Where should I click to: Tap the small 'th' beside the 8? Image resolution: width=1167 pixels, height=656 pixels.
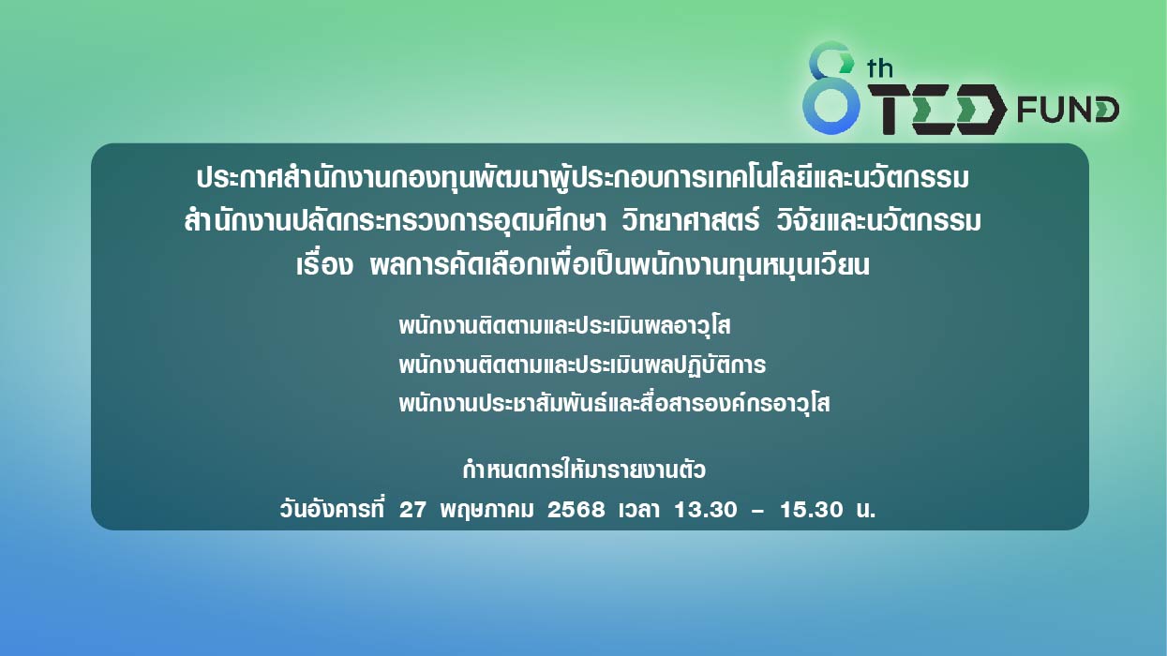point(879,68)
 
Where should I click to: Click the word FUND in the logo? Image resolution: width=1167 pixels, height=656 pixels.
point(1068,110)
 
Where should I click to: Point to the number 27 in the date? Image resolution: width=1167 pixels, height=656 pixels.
point(412,510)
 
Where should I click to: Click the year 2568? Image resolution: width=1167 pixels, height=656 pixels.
point(576,510)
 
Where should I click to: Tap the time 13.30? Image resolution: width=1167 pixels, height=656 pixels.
point(706,510)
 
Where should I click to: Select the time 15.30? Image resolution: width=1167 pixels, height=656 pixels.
point(811,510)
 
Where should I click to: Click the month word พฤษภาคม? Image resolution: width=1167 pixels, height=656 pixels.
point(486,510)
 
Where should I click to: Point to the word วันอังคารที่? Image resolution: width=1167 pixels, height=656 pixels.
point(332,509)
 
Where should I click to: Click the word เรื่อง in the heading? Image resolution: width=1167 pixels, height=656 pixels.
point(324,264)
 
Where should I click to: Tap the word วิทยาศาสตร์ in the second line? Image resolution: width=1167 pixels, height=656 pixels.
point(690,220)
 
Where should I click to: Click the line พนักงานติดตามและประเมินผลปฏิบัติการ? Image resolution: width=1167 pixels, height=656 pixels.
point(582,365)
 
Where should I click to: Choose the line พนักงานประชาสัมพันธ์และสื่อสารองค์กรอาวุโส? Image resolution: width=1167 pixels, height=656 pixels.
point(614,403)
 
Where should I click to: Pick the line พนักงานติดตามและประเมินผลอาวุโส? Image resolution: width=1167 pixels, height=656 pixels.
point(564,325)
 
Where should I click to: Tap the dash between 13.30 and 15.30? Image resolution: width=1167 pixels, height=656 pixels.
point(758,511)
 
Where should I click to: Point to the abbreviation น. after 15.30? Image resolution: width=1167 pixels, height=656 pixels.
point(865,510)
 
